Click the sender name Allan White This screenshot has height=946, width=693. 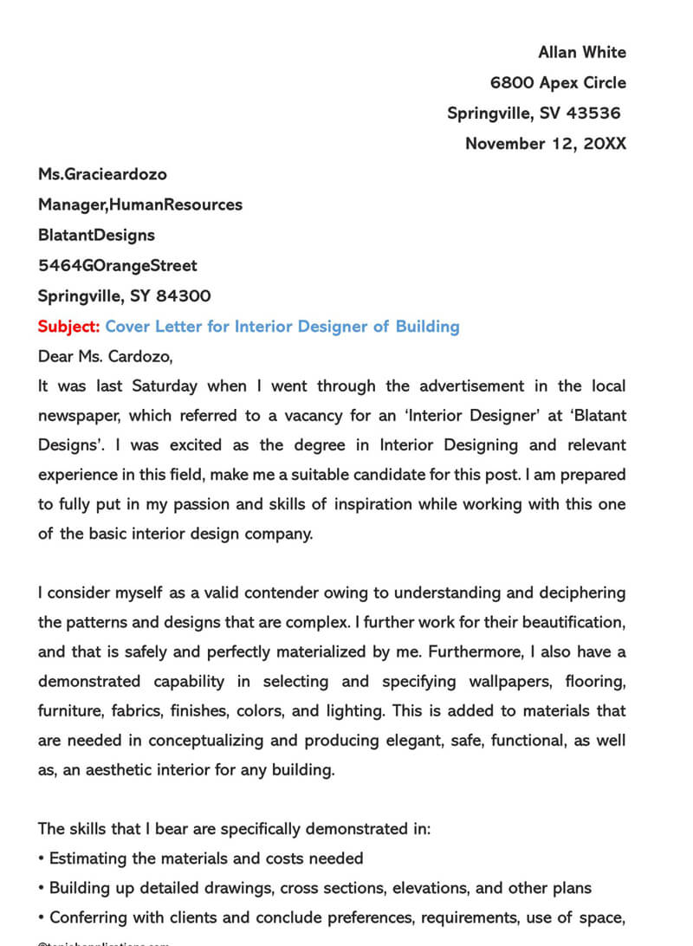581,53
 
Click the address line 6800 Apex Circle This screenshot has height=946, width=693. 557,83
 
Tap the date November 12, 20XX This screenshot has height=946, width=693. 545,144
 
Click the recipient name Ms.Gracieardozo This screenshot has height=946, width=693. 102,174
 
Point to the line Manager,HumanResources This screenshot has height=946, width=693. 139,205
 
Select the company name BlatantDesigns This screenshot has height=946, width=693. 96,236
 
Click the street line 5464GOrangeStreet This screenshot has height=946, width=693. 117,266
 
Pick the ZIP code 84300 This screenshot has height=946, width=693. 183,296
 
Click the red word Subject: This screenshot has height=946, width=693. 69,327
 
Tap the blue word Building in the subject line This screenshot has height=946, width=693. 427,327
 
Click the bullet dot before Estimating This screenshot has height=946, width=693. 42,859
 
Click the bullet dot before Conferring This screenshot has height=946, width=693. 42,917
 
